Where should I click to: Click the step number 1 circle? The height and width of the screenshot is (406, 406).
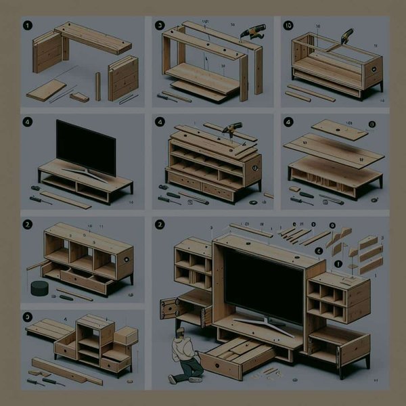[x=27, y=28]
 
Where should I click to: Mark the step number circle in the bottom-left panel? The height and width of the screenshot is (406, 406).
[x=27, y=316]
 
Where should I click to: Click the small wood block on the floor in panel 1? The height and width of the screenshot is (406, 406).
[x=78, y=97]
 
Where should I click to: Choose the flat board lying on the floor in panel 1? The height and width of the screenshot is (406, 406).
[x=46, y=90]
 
